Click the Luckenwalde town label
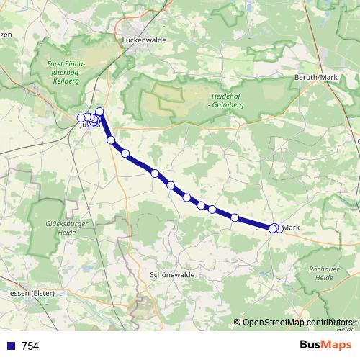click(x=145, y=41)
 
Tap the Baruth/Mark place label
click(x=317, y=77)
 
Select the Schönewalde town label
click(x=171, y=275)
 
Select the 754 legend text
click(x=30, y=346)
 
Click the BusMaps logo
click(x=325, y=345)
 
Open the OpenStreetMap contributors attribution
click(x=297, y=323)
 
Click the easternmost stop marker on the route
click(x=279, y=229)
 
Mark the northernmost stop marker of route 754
click(x=99, y=112)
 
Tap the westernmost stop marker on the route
click(x=81, y=117)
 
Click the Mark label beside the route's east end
click(x=292, y=228)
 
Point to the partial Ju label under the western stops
click(x=83, y=125)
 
